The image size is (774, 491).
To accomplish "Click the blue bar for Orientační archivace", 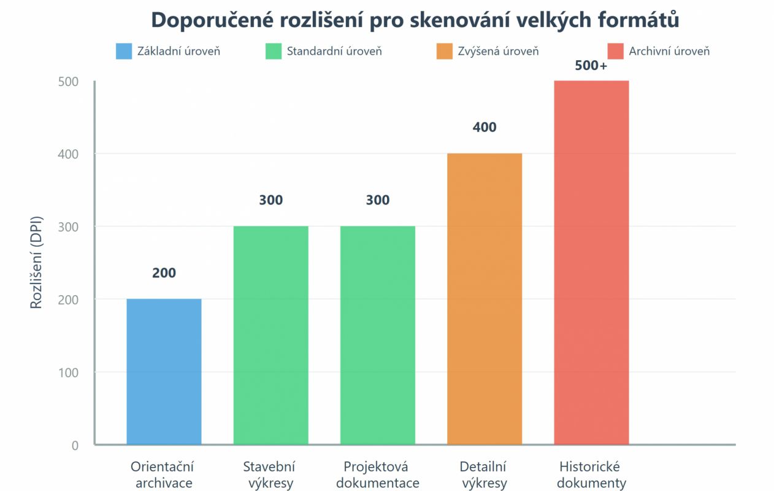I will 164,371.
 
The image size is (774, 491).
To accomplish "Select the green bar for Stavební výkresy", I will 270,335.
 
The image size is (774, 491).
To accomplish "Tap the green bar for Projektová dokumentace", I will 377,335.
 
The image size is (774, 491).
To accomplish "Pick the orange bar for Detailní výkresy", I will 484,298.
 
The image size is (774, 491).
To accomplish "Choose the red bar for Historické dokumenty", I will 591,262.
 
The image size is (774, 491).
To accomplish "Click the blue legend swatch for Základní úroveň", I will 124,51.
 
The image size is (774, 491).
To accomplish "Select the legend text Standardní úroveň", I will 334,51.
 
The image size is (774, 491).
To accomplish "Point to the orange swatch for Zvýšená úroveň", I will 445,51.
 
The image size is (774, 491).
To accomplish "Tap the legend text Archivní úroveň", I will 669,51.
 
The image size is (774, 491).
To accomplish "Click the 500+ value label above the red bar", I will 591,66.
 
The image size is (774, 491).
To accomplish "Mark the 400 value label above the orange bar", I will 484,128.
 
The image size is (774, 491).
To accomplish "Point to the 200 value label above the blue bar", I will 164,273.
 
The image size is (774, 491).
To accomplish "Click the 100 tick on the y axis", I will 71,373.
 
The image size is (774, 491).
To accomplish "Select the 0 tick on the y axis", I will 75,445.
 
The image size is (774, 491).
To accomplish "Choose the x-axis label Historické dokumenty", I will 591,474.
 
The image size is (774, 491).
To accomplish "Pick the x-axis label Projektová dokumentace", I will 377,474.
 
